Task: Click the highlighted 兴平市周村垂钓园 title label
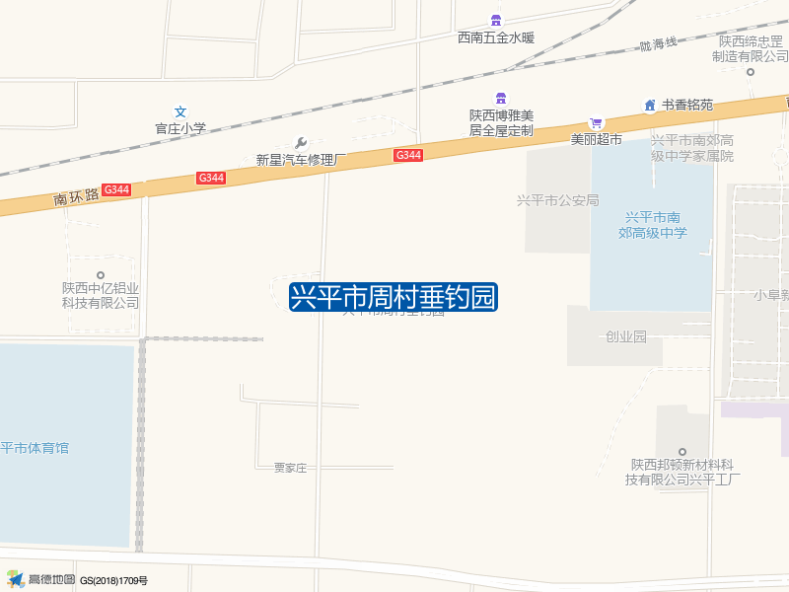point(394,297)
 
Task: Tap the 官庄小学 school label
point(180,128)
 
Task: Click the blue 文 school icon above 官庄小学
point(180,111)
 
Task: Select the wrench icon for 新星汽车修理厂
point(302,142)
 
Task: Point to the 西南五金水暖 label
point(495,38)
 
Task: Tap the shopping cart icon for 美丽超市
point(596,123)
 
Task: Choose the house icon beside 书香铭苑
point(649,105)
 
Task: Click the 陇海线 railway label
point(658,43)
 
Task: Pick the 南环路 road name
point(77,196)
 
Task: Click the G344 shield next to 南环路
point(116,189)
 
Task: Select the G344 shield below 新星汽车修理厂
point(211,178)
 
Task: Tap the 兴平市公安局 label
point(558,200)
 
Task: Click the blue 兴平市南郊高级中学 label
point(652,225)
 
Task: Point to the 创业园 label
point(625,336)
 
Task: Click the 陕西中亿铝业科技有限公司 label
point(101,295)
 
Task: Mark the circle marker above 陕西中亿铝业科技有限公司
point(100,275)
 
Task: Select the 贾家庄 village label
point(290,468)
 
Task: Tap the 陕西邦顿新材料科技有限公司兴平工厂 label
point(685,472)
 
